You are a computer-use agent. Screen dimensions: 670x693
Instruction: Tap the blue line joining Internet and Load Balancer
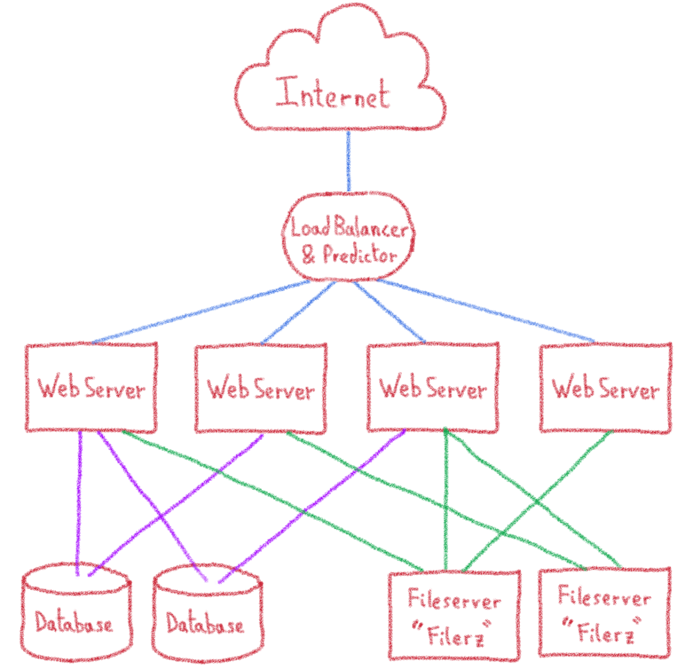(349, 162)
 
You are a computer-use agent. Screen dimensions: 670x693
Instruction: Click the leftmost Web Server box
(91, 387)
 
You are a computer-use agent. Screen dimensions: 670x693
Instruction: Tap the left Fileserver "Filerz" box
(454, 615)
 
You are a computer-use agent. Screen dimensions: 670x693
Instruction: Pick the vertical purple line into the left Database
(78, 502)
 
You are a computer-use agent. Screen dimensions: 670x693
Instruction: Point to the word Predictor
(359, 255)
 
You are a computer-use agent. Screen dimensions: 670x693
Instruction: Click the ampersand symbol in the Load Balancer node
(309, 255)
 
